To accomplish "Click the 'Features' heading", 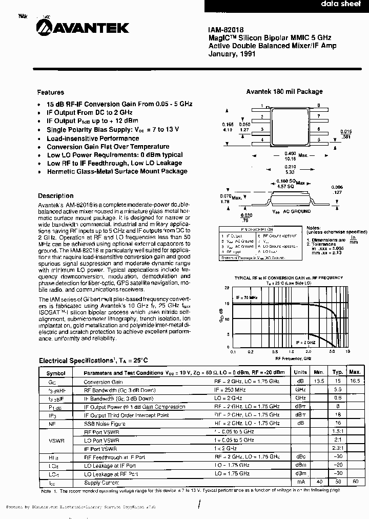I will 50,92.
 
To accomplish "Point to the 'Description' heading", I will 55,196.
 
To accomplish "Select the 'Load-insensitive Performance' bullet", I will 93,138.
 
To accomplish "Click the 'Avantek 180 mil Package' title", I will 284,91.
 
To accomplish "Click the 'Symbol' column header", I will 56,373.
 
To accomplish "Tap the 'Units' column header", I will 300,373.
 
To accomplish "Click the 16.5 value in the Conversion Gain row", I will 355,381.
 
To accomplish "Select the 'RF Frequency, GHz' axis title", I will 290,358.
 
